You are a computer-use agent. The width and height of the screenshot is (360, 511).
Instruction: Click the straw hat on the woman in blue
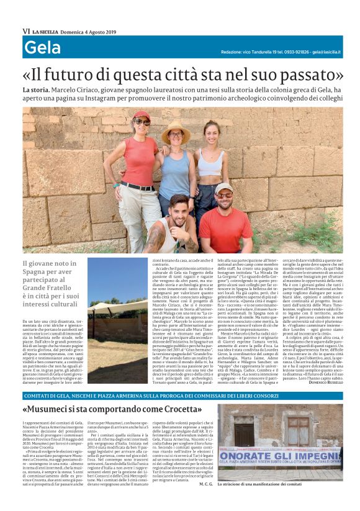[176, 125]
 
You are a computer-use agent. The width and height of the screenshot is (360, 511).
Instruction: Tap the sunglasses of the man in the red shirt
[225, 195]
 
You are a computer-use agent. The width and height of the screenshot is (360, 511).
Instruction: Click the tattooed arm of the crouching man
[163, 238]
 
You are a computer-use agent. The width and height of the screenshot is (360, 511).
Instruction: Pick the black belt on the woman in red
[137, 185]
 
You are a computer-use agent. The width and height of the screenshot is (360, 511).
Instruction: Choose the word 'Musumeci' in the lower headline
[54, 410]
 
